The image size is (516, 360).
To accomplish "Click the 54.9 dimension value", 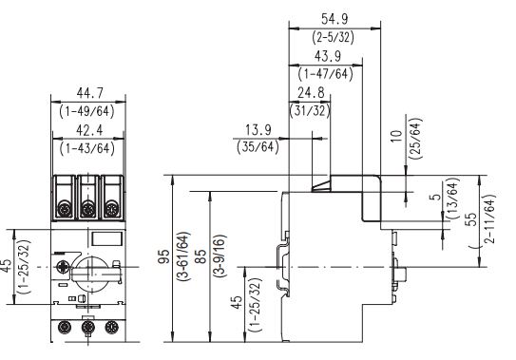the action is [x=334, y=19].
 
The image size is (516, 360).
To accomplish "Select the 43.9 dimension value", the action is [x=328, y=56].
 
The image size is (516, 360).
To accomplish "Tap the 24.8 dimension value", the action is [x=311, y=93].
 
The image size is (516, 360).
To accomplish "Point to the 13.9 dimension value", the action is [x=258, y=130].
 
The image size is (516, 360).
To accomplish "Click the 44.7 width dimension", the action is [x=89, y=93].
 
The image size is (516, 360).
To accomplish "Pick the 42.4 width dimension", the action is [x=89, y=130].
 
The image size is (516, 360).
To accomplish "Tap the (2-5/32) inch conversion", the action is [x=333, y=37].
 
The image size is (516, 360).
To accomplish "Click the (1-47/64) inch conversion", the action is [x=325, y=74].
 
